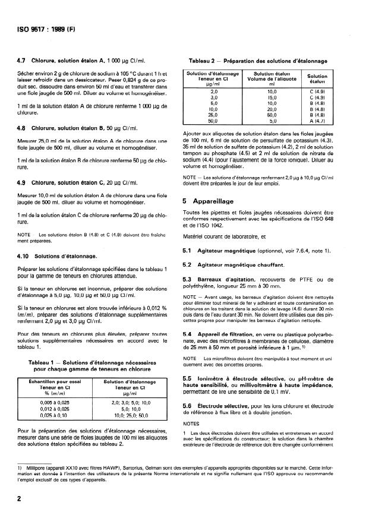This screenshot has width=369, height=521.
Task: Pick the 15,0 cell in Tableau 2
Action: tap(272, 97)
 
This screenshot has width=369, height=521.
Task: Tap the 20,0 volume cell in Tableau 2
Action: tap(272, 108)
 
